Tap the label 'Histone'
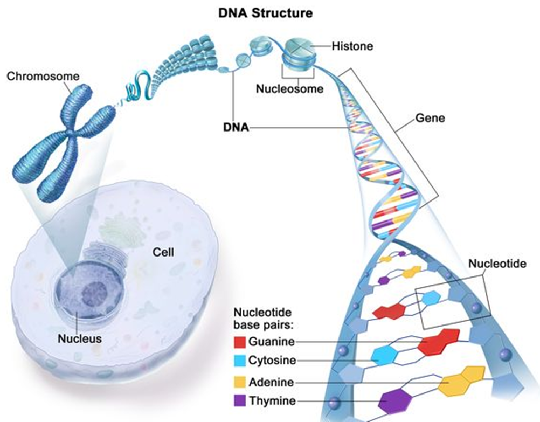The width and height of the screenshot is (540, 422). coord(352,47)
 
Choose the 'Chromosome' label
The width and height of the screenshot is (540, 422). coord(43,77)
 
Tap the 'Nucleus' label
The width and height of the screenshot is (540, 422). coord(80,339)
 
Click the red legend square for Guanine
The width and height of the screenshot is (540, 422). coord(240,342)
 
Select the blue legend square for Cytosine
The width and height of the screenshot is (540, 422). coord(240,360)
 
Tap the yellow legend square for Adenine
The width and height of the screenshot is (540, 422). coord(240,383)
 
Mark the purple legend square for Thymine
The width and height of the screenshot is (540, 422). coord(240,401)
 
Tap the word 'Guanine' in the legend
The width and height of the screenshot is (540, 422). coord(272,342)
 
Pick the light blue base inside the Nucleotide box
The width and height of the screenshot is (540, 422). coord(430,299)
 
